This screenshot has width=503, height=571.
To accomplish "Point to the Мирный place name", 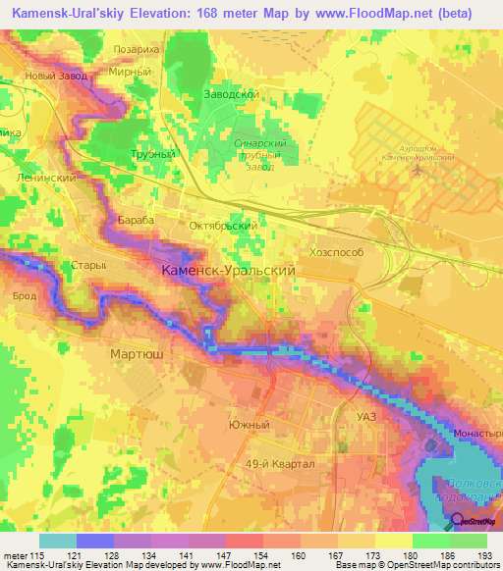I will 131,72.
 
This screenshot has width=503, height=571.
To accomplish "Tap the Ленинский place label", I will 47,178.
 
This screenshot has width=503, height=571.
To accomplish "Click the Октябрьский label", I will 223,225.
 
